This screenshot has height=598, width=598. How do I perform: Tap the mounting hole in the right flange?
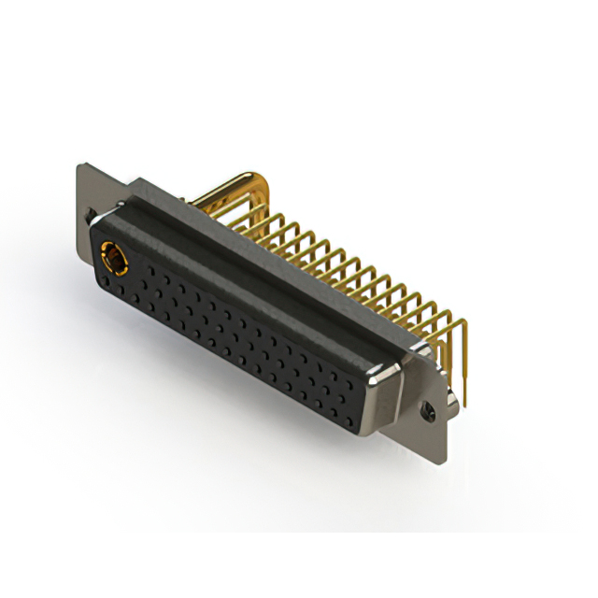tap(430, 409)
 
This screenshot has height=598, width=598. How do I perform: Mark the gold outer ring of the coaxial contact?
tap(105, 253)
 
